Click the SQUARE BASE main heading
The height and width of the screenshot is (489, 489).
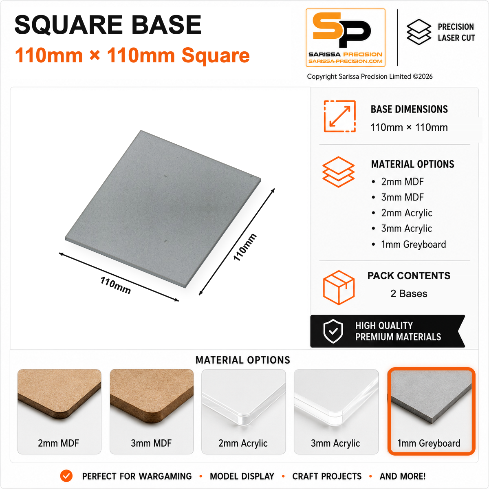pos(108,25)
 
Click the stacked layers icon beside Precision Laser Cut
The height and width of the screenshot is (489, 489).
pos(419,32)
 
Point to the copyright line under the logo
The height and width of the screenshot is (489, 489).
pos(370,77)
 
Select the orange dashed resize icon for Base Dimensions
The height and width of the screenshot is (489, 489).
pos(340,116)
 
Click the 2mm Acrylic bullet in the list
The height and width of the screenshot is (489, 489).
pos(407,213)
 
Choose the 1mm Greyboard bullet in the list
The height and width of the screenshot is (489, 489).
pos(413,244)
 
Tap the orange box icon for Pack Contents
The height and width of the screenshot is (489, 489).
pos(339,287)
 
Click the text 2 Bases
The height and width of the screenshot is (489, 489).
pos(409,293)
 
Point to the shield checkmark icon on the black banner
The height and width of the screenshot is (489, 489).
pos(333,331)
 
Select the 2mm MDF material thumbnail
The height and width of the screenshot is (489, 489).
pos(59,412)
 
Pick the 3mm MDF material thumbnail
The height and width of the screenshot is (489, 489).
pos(152,412)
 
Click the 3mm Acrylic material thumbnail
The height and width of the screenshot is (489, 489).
pos(336,412)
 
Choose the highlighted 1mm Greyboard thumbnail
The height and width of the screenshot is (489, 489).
pos(431,411)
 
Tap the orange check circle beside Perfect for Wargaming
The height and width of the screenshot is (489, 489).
pos(66,476)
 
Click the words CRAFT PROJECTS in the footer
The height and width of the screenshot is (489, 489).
pos(327,476)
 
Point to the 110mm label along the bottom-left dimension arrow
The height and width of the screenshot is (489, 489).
pos(115,285)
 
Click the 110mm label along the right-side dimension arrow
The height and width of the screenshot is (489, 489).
pos(245,247)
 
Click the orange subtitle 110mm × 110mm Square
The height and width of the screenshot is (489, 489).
pos(132,55)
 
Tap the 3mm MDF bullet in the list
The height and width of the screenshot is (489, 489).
pos(402,197)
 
